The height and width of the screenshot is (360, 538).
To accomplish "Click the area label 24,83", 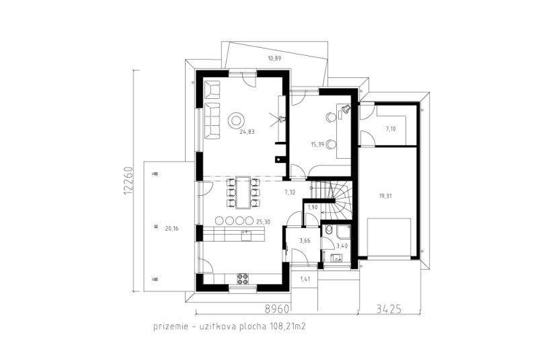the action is tap(247, 131).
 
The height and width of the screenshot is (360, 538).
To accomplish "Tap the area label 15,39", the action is tap(317, 145).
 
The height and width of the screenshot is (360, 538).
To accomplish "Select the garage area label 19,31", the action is tap(385, 196).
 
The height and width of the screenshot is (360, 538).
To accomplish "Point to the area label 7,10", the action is tap(391, 129).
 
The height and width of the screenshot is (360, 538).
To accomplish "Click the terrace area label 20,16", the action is tap(171, 229).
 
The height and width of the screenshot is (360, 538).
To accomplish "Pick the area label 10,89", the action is tap(274, 59).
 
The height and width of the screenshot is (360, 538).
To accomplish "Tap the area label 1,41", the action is tap(305, 279).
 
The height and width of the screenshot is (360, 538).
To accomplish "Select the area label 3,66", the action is tap(305, 241).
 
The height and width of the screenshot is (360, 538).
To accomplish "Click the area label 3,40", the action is tap(342, 246).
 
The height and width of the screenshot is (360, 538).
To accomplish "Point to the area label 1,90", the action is tap(313, 207).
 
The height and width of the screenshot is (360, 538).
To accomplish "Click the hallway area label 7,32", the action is tap(290, 192).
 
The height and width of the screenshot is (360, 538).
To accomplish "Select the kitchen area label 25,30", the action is tap(263, 222).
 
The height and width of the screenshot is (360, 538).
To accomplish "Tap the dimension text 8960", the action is tap(276, 309).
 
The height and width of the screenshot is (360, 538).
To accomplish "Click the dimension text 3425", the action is tap(389, 309).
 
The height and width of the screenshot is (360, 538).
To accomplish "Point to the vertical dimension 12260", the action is tap(128, 181).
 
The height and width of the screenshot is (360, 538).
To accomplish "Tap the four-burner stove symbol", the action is tap(243, 279).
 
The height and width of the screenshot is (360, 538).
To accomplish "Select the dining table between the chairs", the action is tap(243, 192).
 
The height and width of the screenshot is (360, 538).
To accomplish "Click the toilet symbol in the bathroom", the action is tap(329, 229).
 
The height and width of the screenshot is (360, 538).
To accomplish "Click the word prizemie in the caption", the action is tap(171, 326).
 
